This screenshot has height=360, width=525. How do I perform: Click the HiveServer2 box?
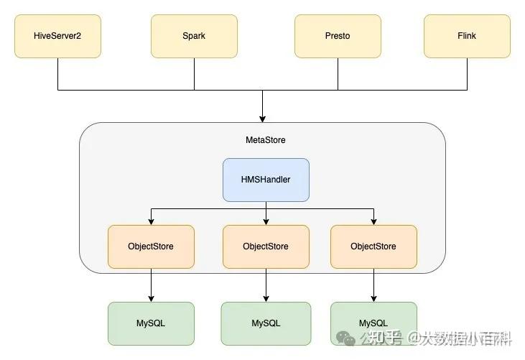coord(57,36)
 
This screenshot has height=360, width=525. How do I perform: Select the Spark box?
coord(194,36)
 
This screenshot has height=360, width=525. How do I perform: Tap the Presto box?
coord(338,36)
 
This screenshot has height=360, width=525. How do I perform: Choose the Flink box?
coord(467,36)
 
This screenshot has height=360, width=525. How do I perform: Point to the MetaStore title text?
coord(265,140)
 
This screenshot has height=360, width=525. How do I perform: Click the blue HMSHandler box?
coord(266,180)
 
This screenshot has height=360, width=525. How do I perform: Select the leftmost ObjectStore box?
coord(151,246)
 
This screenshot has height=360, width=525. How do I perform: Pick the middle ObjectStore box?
coord(266,246)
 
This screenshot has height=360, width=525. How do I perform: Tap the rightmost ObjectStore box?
coord(373,246)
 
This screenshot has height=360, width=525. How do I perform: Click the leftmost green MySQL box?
coord(151,323)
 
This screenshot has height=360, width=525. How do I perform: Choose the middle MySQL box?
coord(266,323)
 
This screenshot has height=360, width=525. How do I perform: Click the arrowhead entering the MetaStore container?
coord(263,117)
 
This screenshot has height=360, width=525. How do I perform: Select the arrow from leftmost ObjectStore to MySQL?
coord(151,285)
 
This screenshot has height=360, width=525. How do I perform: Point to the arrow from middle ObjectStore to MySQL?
coord(266,285)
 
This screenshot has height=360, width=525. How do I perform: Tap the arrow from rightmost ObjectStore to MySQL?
coord(373,285)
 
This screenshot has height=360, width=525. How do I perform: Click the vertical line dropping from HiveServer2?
coord(57,74)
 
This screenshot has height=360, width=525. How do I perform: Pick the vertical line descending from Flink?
coord(467,74)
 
